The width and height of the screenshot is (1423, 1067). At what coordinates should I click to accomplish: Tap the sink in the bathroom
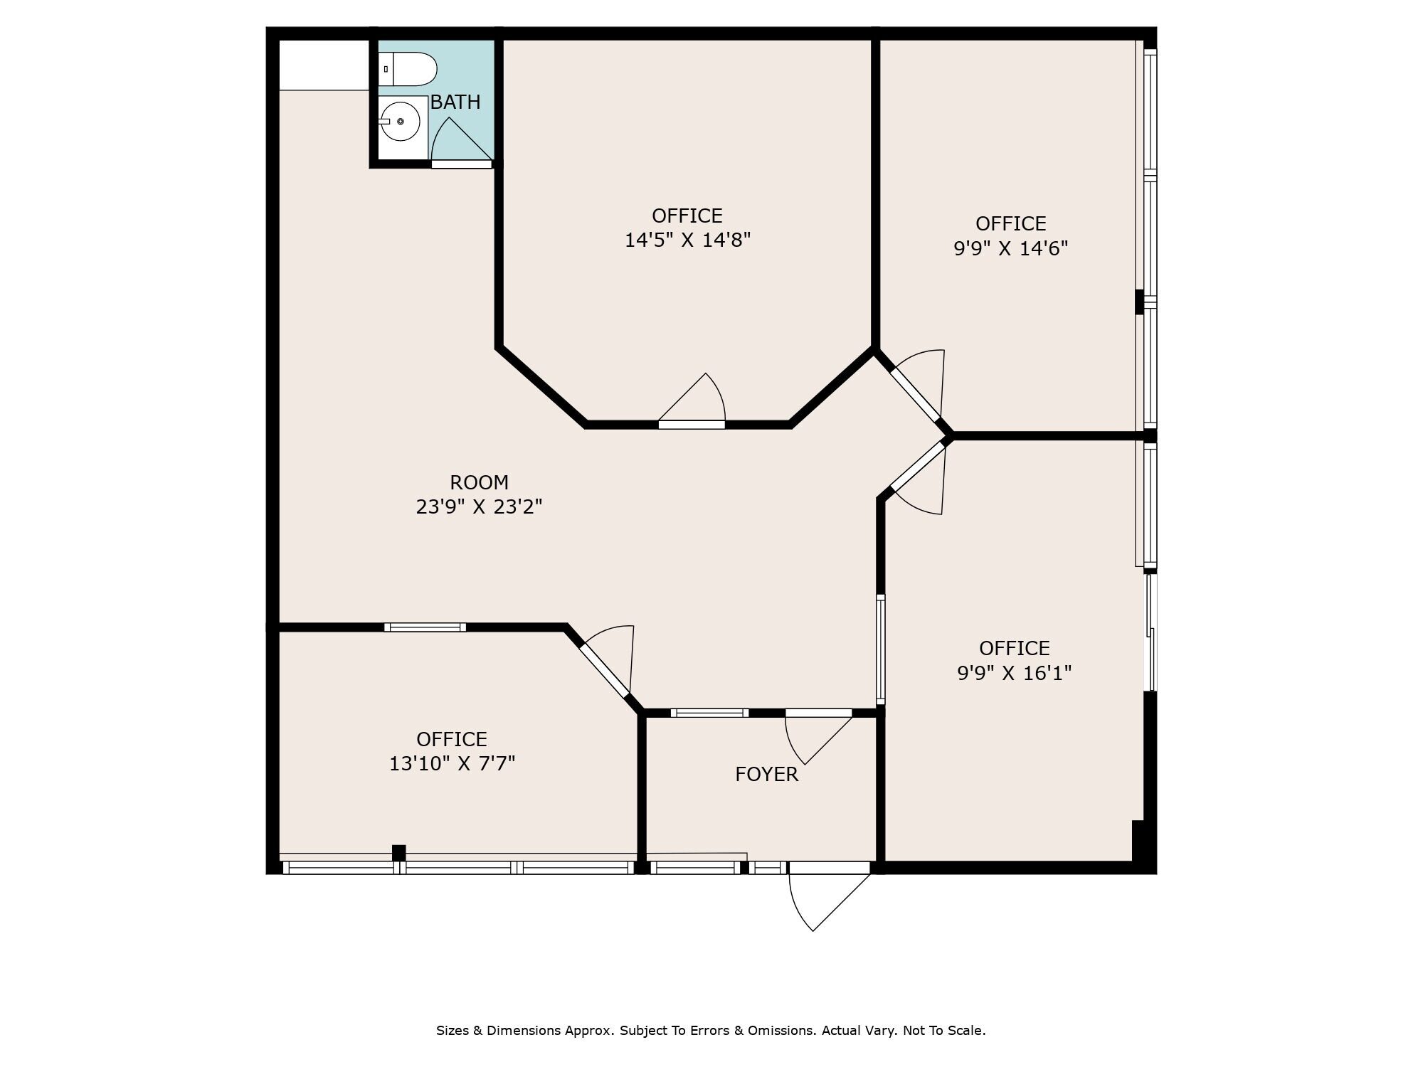tap(402, 122)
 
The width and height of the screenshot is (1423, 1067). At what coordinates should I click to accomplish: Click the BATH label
tap(455, 102)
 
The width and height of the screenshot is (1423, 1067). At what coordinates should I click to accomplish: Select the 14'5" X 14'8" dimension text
tap(687, 240)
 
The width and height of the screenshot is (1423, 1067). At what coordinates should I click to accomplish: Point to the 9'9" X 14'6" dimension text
tap(1011, 248)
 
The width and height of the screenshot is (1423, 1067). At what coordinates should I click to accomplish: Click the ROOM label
tap(480, 482)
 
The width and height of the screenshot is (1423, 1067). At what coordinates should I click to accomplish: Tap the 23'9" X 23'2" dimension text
tap(480, 506)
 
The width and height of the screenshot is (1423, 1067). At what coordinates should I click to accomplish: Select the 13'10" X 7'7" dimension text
tap(452, 763)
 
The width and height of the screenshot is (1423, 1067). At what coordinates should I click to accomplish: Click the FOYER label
tap(766, 774)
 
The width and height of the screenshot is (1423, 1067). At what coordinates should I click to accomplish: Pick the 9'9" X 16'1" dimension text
tap(1015, 672)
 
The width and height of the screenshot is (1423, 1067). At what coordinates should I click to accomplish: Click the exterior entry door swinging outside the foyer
tap(829, 898)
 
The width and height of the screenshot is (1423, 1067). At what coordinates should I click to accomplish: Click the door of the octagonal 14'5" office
tap(692, 401)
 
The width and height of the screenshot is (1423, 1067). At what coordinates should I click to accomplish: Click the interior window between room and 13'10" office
tap(425, 627)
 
